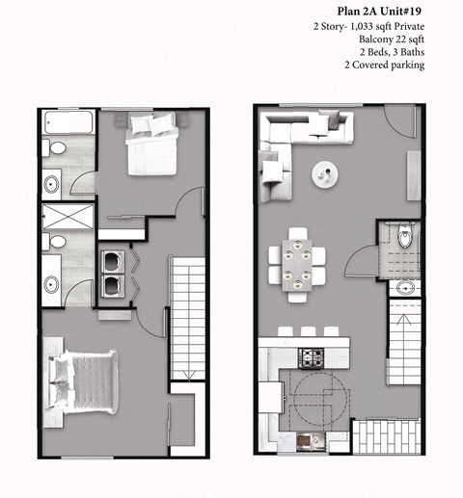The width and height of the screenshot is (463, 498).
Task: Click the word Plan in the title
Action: point(326,10)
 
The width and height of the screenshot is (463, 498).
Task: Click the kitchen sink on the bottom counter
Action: point(312,441)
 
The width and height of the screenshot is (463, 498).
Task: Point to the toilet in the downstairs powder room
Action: point(404,238)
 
